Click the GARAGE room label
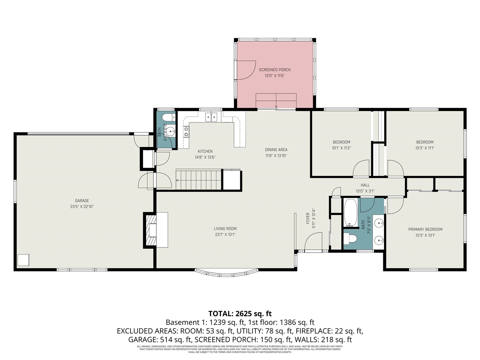82,201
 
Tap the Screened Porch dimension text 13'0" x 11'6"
274,76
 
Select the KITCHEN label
205,151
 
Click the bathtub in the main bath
351,213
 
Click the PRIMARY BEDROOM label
425,229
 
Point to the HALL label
365,185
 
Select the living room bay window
226,272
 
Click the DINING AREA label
276,150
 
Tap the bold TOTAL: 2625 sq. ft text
240,313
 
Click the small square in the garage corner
23,260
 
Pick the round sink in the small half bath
171,132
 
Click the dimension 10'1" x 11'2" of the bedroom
341,148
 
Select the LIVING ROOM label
225,228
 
